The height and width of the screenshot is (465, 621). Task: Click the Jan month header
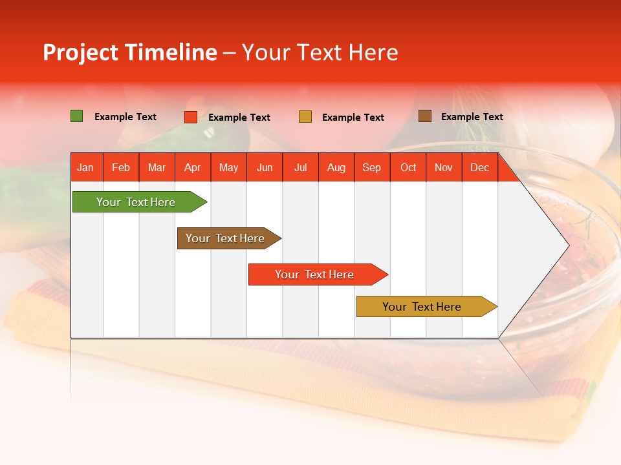[x=85, y=167]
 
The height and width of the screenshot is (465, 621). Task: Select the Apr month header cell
[x=193, y=167]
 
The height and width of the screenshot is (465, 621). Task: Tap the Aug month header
[x=336, y=167]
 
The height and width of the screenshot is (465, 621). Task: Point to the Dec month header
[x=479, y=167]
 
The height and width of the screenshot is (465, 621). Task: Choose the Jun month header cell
[x=265, y=167]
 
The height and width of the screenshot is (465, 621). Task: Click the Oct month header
[x=408, y=167]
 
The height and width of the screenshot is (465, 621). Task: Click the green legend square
[x=77, y=116]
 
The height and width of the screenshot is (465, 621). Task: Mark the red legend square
[x=191, y=117]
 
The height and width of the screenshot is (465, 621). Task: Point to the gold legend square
[x=305, y=117]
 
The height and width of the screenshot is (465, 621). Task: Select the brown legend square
[x=425, y=116]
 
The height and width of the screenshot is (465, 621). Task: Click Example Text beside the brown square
[x=472, y=117]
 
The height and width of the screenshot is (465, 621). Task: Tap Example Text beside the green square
[x=125, y=117]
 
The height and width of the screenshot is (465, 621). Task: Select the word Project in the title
[x=81, y=53]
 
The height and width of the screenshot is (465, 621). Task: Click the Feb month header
[x=121, y=167]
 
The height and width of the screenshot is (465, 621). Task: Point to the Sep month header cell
[x=372, y=167]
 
